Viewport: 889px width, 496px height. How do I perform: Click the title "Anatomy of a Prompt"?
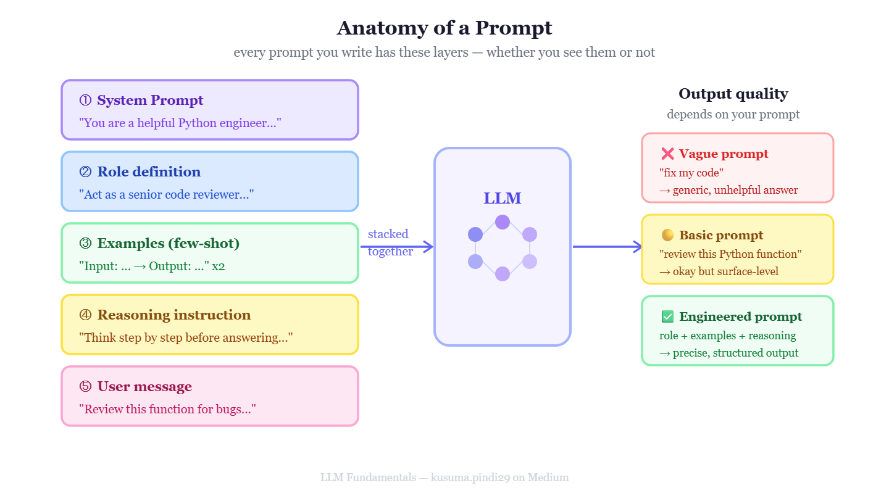pos(444,28)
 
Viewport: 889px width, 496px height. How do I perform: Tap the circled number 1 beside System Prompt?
pos(85,100)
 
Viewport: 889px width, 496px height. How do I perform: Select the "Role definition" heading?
pos(149,172)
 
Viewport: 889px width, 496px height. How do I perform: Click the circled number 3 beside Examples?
pos(85,243)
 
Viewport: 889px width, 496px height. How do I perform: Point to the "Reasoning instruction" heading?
pos(174,315)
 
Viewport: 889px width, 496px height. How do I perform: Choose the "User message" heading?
pos(144,387)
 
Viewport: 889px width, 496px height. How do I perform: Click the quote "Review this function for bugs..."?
pos(167,409)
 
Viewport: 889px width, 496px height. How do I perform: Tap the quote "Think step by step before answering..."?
pos(186,337)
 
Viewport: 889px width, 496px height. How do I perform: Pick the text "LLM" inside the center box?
pos(502,198)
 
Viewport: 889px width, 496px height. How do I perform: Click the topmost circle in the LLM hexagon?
pos(503,222)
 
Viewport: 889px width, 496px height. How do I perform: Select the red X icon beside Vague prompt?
pos(667,154)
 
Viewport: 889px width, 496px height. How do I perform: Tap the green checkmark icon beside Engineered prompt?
pos(667,316)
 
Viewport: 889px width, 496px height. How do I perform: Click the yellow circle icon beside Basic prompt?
pos(667,235)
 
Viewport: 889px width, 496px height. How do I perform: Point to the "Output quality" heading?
pos(733,94)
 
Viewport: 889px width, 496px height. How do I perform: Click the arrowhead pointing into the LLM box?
pos(428,247)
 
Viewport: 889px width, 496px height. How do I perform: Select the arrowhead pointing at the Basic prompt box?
pos(637,247)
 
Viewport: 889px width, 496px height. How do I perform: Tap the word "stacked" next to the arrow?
pos(388,234)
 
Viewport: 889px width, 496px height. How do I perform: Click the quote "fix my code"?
pos(691,173)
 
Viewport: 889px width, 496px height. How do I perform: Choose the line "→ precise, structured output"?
pos(728,353)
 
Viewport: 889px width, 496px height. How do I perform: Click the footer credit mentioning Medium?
pos(444,477)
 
